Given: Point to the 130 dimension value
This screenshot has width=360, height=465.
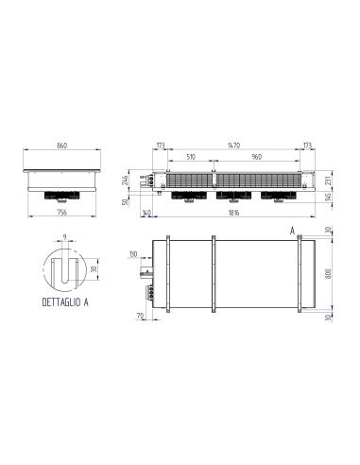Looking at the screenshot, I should pos(133,254).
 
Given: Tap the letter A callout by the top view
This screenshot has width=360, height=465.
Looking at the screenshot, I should pos(293,230).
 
